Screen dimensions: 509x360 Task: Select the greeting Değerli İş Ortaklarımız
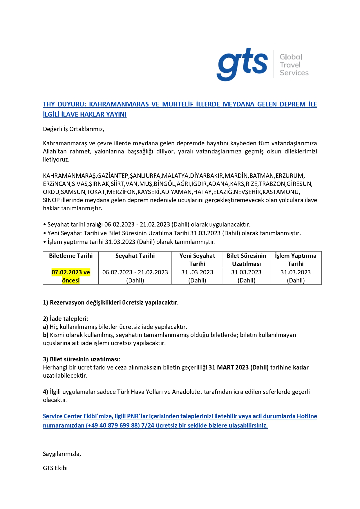pyautogui.click(x=73, y=129)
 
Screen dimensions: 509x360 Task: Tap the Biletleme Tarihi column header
pyautogui.click(x=71, y=256)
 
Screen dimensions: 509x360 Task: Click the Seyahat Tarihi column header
pyautogui.click(x=135, y=256)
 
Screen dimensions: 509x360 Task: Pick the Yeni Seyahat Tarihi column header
pyautogui.click(x=197, y=260)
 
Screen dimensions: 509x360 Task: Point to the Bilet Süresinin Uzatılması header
pyautogui.click(x=246, y=260)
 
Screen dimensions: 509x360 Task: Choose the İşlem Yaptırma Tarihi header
pyautogui.click(x=296, y=260)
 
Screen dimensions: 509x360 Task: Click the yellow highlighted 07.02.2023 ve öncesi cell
pyautogui.click(x=71, y=276)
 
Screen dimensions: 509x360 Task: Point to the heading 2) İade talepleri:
pyautogui.click(x=66, y=319)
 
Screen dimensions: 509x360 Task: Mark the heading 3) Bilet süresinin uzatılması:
pyautogui.click(x=82, y=359)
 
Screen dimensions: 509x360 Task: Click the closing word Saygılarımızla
pyautogui.click(x=62, y=454)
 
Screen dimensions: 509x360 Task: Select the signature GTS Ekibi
pyautogui.click(x=55, y=468)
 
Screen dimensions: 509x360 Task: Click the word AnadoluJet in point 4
pyautogui.click(x=187, y=392)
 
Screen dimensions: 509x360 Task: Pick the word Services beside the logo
pyautogui.click(x=294, y=73)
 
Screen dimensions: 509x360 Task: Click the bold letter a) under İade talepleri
pyautogui.click(x=46, y=327)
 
